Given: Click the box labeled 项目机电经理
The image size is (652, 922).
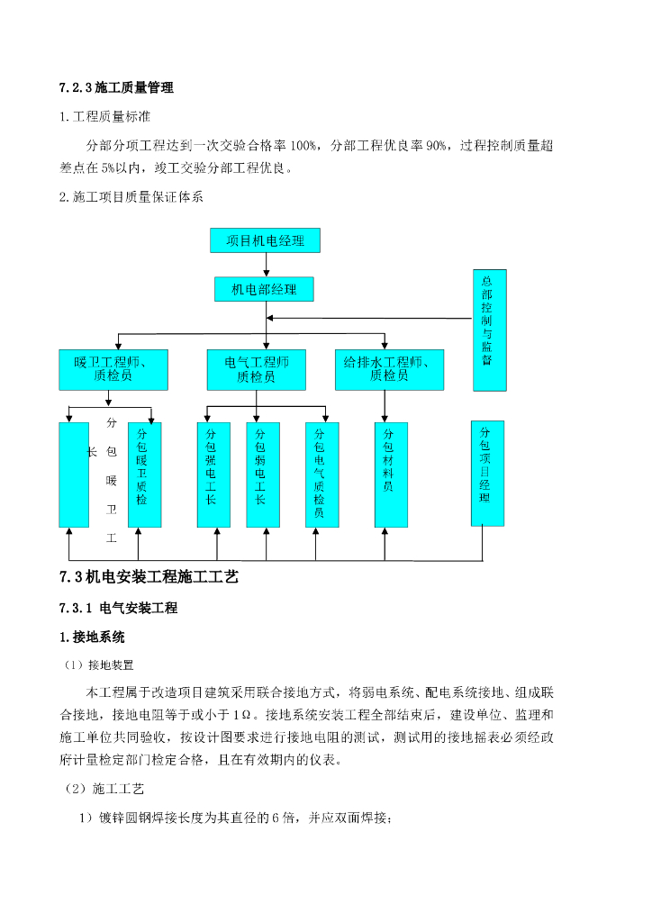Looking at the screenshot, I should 265,240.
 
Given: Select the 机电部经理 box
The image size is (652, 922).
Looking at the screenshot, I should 264,289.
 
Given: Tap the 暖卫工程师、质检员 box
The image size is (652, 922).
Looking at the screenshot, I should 113,369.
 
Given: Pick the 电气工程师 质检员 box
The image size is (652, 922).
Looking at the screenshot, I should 257,369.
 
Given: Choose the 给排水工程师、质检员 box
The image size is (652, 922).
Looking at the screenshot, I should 389,369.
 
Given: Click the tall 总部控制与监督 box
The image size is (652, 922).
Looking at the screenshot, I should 489,330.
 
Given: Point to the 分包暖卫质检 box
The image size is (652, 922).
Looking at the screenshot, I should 144,475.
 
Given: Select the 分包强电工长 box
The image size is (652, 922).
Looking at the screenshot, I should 213,475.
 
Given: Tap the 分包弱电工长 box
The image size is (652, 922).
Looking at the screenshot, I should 263,475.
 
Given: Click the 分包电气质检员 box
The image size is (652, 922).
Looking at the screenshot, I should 321,475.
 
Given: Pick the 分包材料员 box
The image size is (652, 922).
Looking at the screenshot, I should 390,475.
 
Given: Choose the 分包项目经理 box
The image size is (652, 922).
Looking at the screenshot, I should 487,473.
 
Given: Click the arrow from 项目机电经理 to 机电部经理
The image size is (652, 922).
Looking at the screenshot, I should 265,265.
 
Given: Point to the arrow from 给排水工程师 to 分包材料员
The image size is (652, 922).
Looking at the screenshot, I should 385,406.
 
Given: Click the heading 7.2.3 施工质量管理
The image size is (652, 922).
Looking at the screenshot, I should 116,87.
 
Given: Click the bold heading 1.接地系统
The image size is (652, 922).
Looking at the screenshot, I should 92,637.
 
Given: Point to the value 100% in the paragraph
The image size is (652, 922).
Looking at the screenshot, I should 303,145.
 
